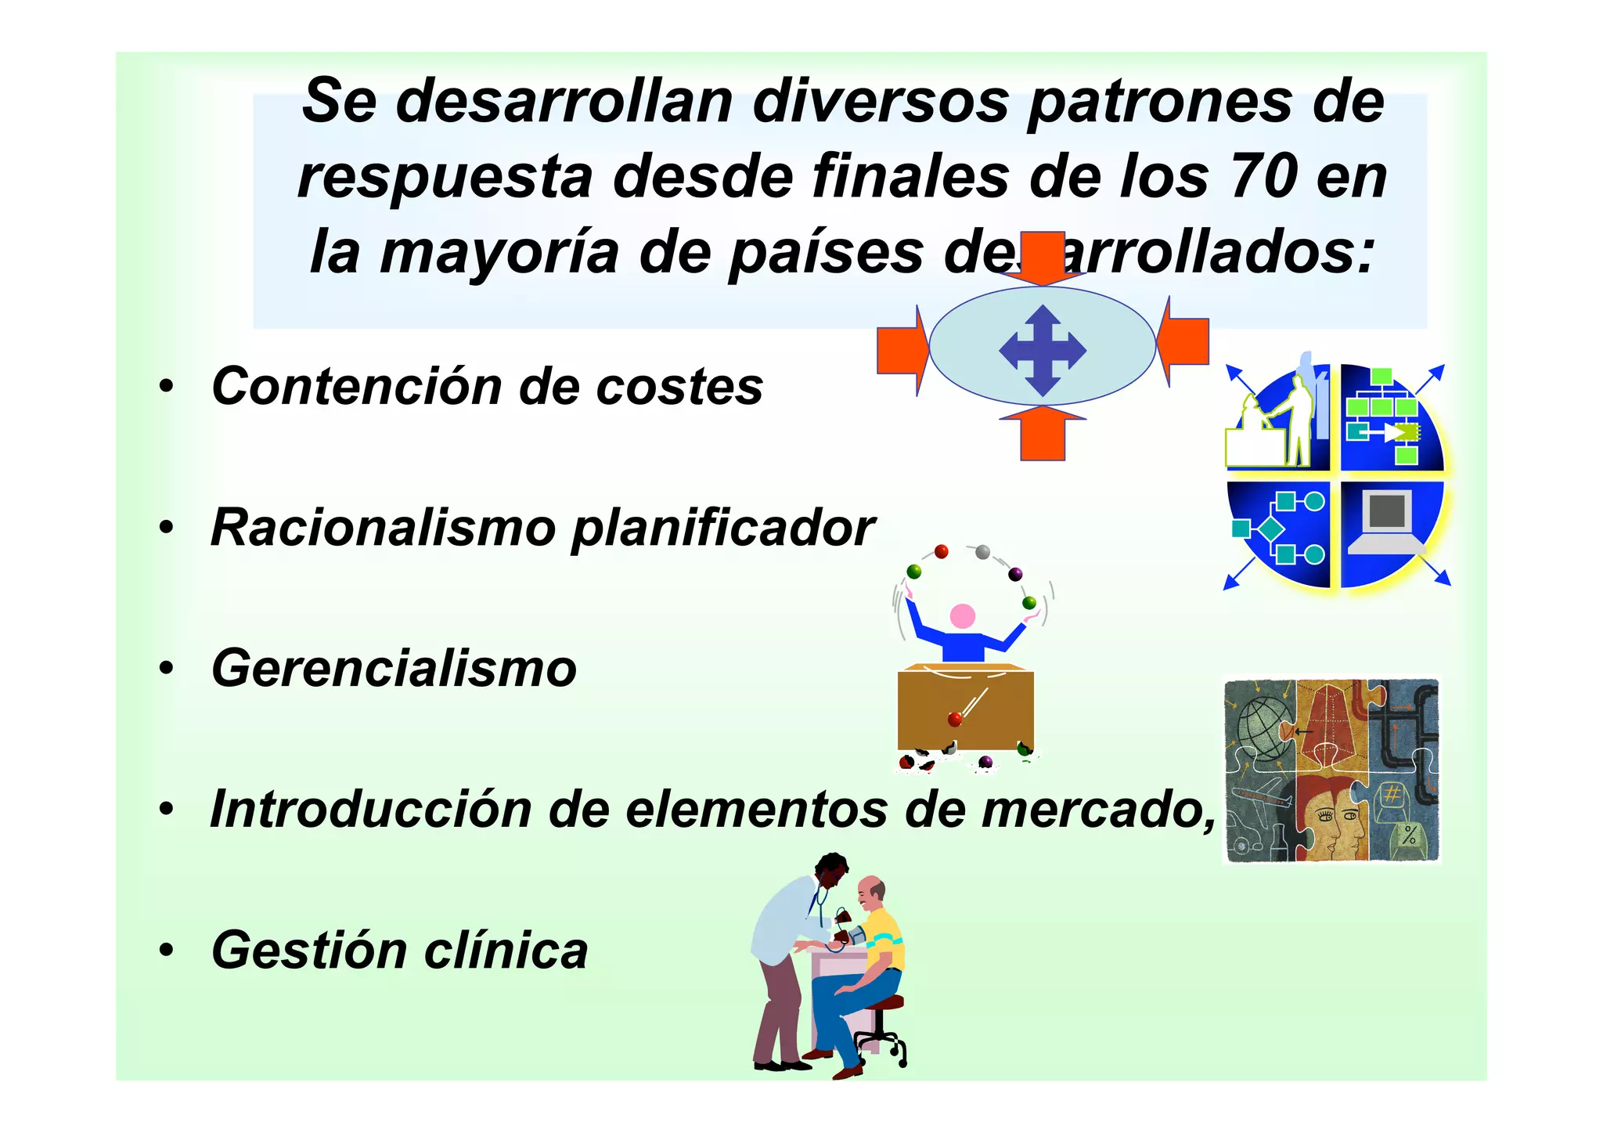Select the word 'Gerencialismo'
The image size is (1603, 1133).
394,669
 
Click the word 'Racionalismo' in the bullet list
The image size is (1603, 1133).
383,528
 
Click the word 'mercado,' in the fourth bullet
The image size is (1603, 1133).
1099,810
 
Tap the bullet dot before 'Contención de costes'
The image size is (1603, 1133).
165,387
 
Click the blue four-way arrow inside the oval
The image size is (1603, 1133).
1043,350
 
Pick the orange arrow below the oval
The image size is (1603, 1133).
1043,433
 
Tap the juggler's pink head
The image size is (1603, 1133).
962,617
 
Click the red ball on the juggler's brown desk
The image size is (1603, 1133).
954,719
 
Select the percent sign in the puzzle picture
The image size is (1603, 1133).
1409,835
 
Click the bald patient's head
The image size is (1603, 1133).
872,890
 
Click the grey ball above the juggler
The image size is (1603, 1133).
983,553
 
